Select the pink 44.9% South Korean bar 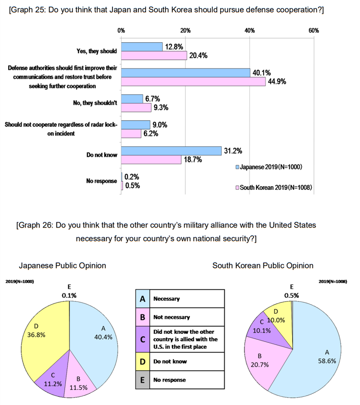coord(193,81)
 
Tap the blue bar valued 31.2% coord(171,151)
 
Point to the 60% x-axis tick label coord(314,31)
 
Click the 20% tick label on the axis coord(185,31)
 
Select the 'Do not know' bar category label coord(102,155)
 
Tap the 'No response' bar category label coord(102,181)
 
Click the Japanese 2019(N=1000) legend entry coord(268,167)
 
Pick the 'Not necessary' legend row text coord(171,317)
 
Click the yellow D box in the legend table coord(142,361)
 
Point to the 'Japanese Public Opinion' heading coord(63,265)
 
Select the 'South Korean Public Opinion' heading coord(263,265)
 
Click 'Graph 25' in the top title coord(27,10)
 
